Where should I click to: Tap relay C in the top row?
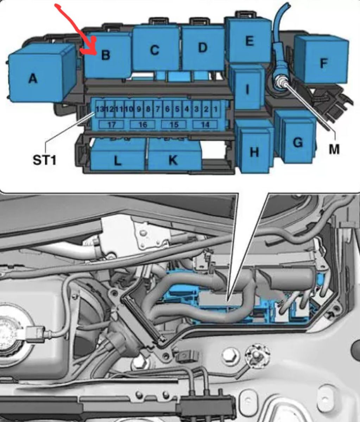(155, 49)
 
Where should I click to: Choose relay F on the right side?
(322, 60)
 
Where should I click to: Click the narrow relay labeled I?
(248, 88)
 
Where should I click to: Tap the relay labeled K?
(174, 157)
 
